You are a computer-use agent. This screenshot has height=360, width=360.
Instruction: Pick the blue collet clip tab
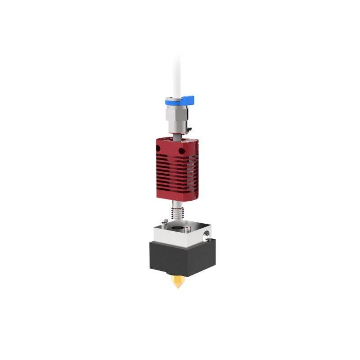[188, 100]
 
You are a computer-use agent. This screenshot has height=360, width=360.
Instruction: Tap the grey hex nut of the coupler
[175, 117]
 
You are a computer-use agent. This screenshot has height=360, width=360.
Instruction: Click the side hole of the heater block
[207, 234]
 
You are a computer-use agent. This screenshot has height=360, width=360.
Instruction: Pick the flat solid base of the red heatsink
[175, 192]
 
